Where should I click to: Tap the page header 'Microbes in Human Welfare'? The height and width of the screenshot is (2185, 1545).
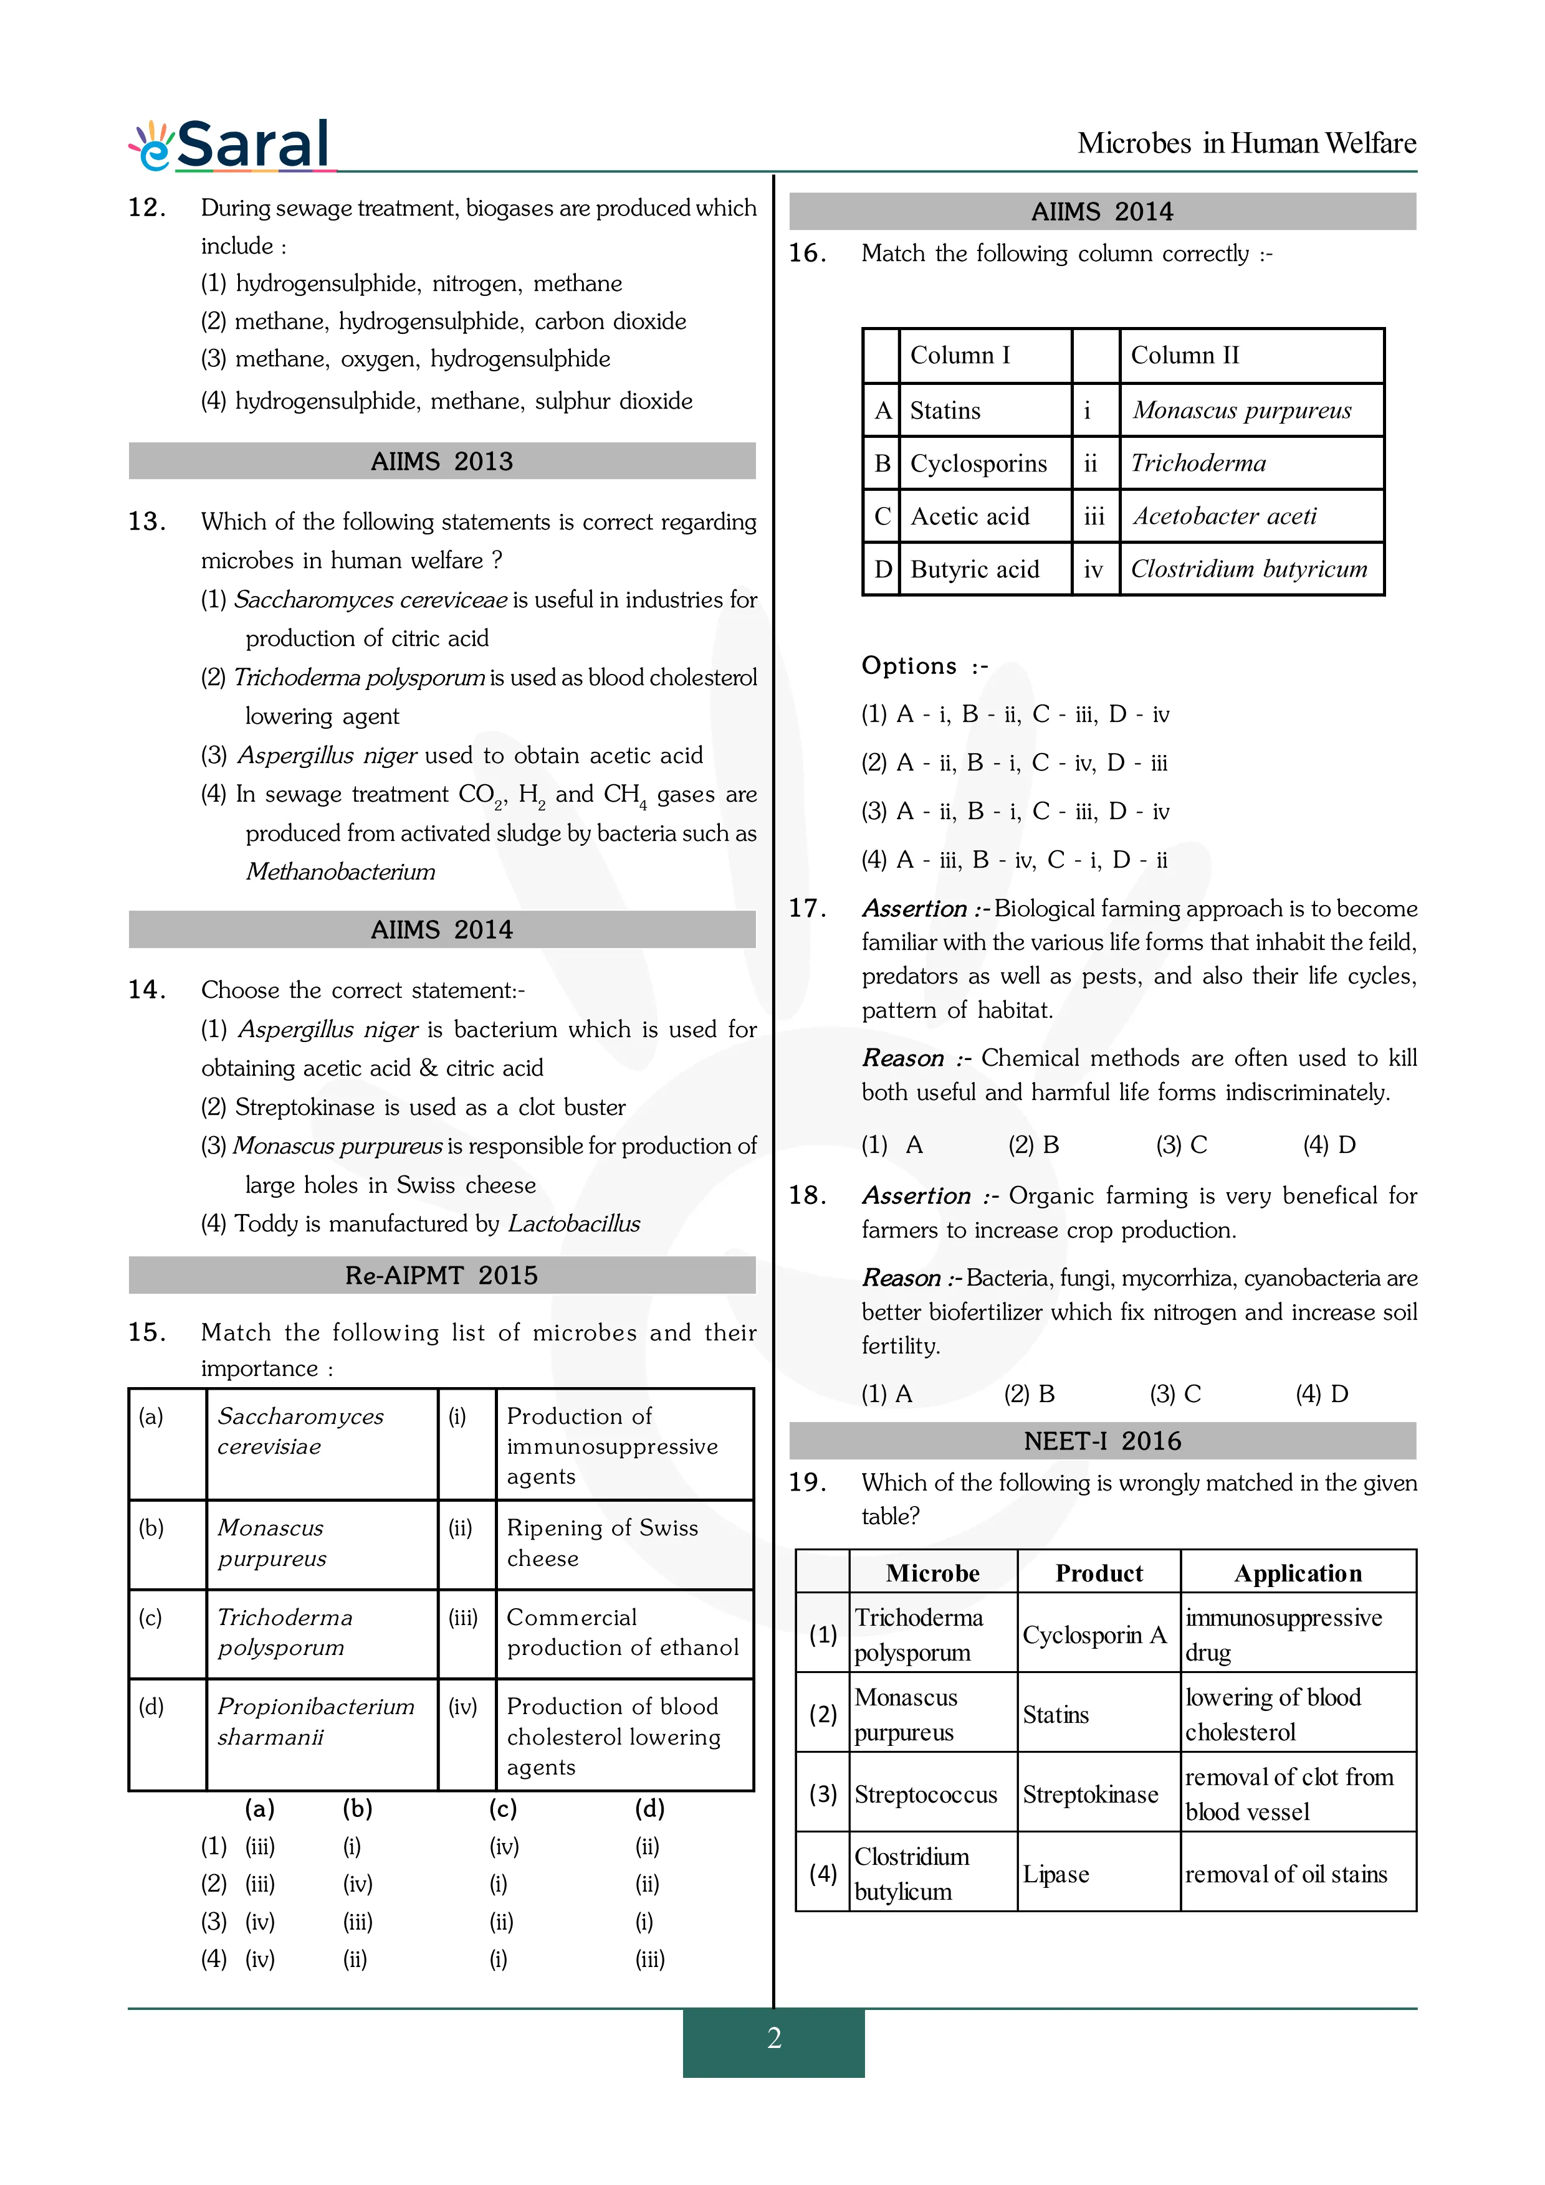click(1245, 144)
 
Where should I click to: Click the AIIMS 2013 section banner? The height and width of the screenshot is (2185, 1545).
click(442, 462)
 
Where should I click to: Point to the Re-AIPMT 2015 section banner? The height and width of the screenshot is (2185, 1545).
click(442, 1275)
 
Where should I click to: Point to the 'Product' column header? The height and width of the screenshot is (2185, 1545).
click(1099, 1573)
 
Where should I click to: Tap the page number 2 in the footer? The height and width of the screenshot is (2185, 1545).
click(774, 2037)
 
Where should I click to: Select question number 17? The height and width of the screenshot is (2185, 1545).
click(806, 908)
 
